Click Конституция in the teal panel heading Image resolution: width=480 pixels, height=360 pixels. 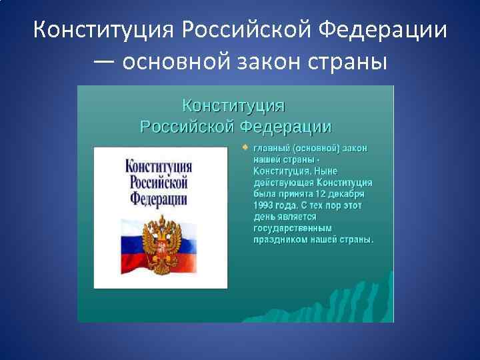pos(234,105)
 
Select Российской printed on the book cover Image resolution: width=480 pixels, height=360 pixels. pos(159,182)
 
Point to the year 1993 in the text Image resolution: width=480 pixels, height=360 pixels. pos(264,205)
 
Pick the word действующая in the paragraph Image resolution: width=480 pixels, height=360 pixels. pos(283,182)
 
